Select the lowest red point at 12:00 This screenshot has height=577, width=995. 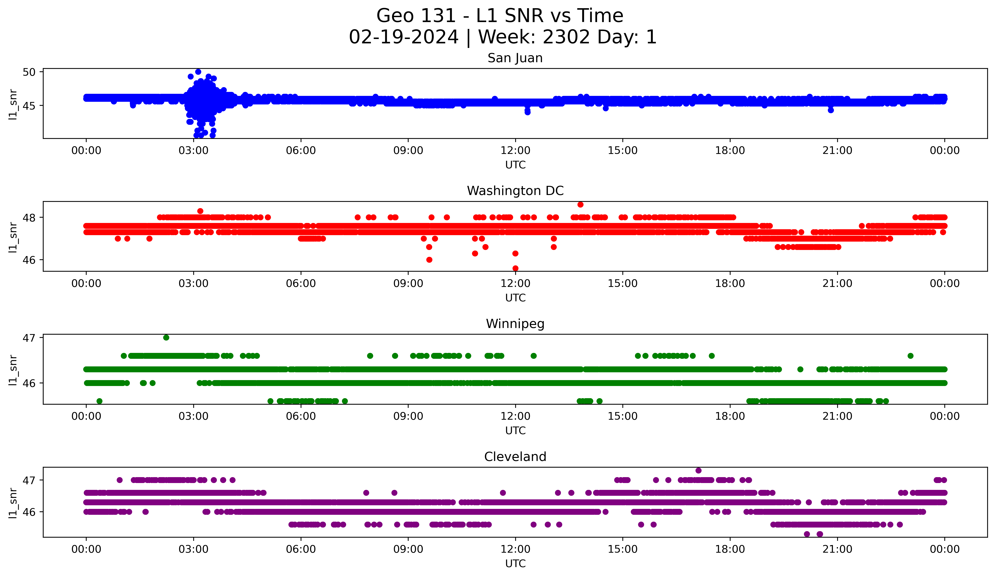[x=515, y=268]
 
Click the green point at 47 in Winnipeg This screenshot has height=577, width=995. [x=166, y=338]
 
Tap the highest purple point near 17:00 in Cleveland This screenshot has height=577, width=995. [x=699, y=470]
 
